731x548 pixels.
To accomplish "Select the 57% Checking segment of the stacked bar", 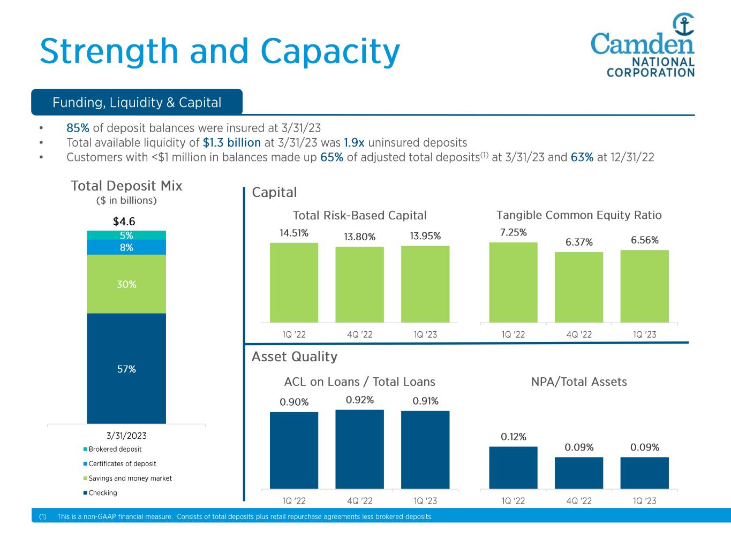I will pyautogui.click(x=126, y=369).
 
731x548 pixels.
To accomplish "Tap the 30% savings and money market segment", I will pyautogui.click(x=126, y=284).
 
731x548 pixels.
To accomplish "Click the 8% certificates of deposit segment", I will pyautogui.click(x=126, y=247).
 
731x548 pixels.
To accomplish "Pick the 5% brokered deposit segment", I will pyautogui.click(x=126, y=235).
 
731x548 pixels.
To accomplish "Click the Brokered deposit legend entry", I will pyautogui.click(x=115, y=449).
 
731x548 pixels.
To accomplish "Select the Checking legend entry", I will pyautogui.click(x=102, y=493).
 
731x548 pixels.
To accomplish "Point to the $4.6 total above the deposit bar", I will pyautogui.click(x=124, y=221).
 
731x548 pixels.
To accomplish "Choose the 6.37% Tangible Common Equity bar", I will pyautogui.click(x=579, y=287).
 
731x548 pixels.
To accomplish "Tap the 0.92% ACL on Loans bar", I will pyautogui.click(x=360, y=449).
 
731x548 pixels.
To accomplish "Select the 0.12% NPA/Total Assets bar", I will pyautogui.click(x=513, y=467).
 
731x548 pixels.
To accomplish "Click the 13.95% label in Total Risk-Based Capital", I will pyautogui.click(x=425, y=236).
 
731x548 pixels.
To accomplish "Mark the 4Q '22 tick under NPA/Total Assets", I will pyautogui.click(x=579, y=501).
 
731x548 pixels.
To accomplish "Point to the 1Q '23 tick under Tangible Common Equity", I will pyautogui.click(x=644, y=335).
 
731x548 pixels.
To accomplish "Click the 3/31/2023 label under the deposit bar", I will pyautogui.click(x=126, y=436).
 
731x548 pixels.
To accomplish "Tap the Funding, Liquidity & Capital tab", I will pyautogui.click(x=137, y=102).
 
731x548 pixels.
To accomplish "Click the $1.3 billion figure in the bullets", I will pyautogui.click(x=232, y=143).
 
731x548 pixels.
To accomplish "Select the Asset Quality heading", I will pyautogui.click(x=295, y=356).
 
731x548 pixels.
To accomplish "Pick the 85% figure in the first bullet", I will pyautogui.click(x=78, y=128).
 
